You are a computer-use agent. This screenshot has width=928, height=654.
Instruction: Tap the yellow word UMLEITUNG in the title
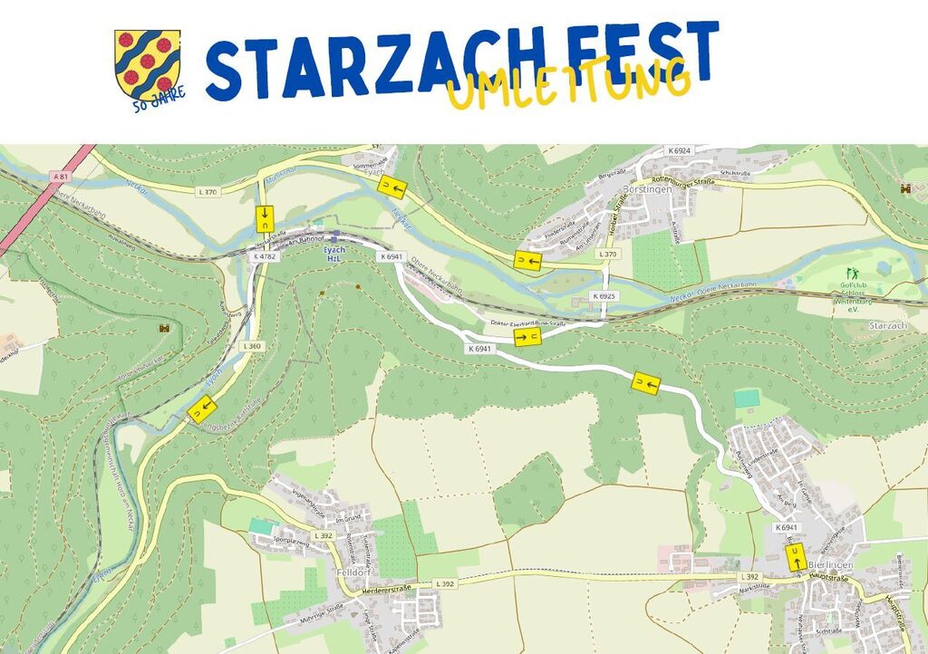click(568, 85)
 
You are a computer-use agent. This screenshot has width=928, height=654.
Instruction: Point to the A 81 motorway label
click(61, 176)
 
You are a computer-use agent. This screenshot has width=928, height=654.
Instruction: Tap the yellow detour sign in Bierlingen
click(796, 556)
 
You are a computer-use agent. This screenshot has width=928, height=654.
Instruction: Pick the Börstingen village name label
click(649, 189)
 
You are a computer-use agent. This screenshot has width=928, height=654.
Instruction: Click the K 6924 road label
click(679, 150)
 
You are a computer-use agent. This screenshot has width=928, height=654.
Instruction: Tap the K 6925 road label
click(604, 296)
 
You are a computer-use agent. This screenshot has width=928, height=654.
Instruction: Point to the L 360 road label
click(252, 346)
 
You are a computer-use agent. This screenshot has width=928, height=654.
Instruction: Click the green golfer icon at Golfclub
click(850, 273)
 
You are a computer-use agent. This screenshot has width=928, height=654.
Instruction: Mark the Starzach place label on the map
click(887, 324)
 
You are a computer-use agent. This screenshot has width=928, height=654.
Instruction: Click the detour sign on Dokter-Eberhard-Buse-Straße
click(527, 338)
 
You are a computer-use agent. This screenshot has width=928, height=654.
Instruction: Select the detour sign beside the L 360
click(200, 409)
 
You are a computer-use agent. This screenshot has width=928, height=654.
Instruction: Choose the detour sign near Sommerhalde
click(391, 187)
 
